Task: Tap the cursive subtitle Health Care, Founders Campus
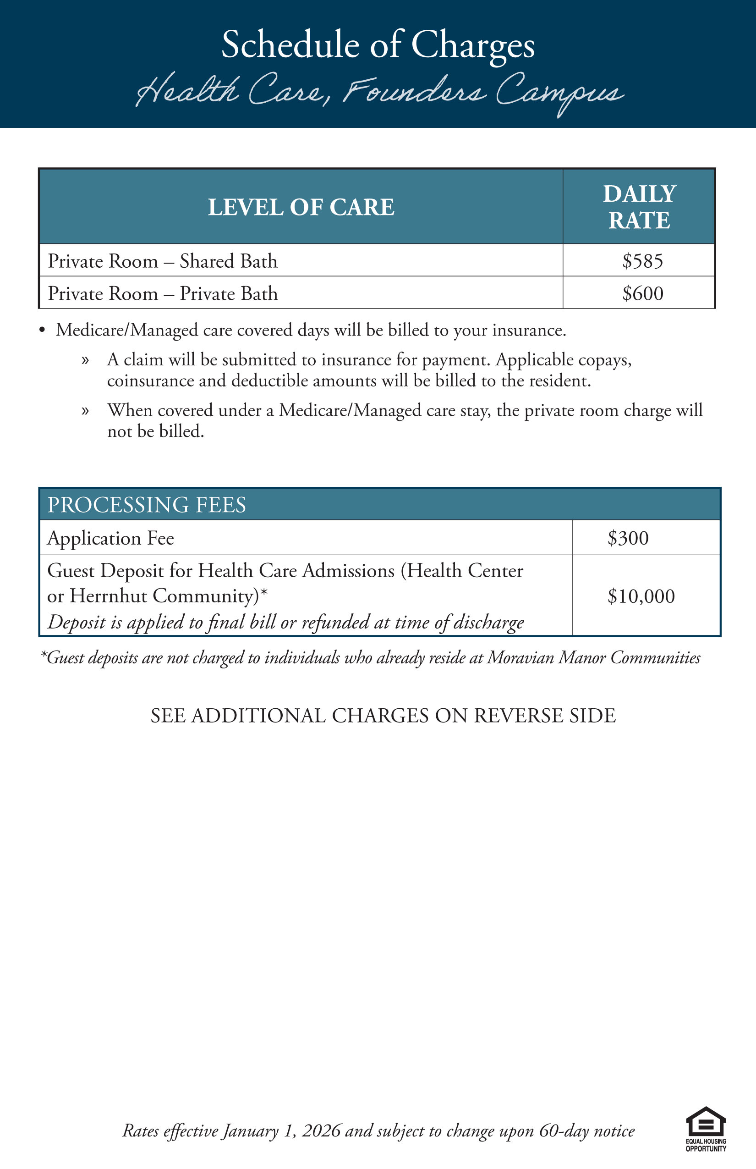coord(379,92)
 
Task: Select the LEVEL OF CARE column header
coord(301,207)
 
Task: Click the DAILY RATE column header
coord(639,207)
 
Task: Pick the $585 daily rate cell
coord(642,261)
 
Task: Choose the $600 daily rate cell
coord(642,293)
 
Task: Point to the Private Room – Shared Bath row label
coord(163,261)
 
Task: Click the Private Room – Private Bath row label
coord(163,293)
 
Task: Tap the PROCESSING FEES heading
coord(146,504)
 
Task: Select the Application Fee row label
coord(110,538)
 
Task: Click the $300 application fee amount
coord(628,538)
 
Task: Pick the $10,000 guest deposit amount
coord(641,596)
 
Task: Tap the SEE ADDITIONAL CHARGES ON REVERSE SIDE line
coord(383,716)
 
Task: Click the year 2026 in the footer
coord(321,1130)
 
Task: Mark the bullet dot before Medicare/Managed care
coord(42,330)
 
